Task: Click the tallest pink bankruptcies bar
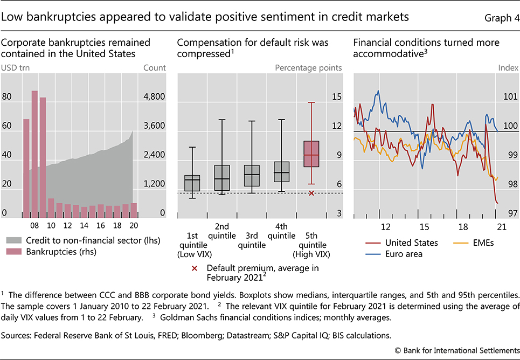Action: click(34, 154)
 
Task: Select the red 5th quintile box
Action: click(311, 154)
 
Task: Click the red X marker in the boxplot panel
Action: click(311, 193)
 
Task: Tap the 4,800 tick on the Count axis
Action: click(154, 97)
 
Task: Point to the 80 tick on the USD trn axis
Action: click(8, 97)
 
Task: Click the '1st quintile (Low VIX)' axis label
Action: click(192, 245)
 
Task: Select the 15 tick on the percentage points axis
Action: click(337, 97)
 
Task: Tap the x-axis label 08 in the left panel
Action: click(34, 226)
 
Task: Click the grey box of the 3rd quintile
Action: click(252, 176)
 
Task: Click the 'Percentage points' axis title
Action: click(308, 68)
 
